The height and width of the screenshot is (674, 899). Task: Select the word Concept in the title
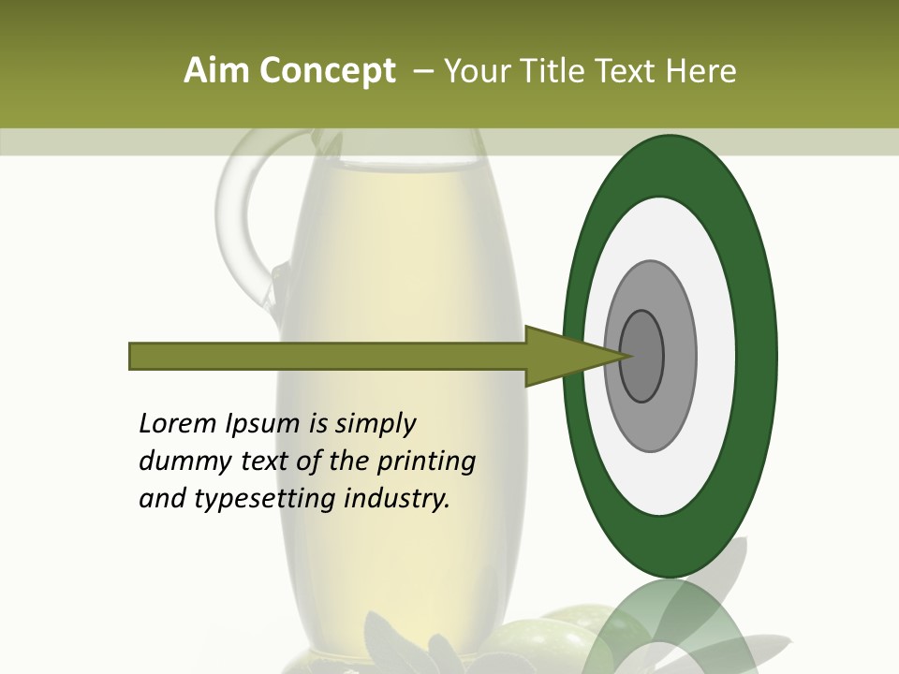pyautogui.click(x=328, y=71)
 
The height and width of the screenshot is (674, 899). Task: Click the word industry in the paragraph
pyautogui.click(x=397, y=499)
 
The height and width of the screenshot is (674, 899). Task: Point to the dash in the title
pyautogui.click(x=421, y=71)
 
